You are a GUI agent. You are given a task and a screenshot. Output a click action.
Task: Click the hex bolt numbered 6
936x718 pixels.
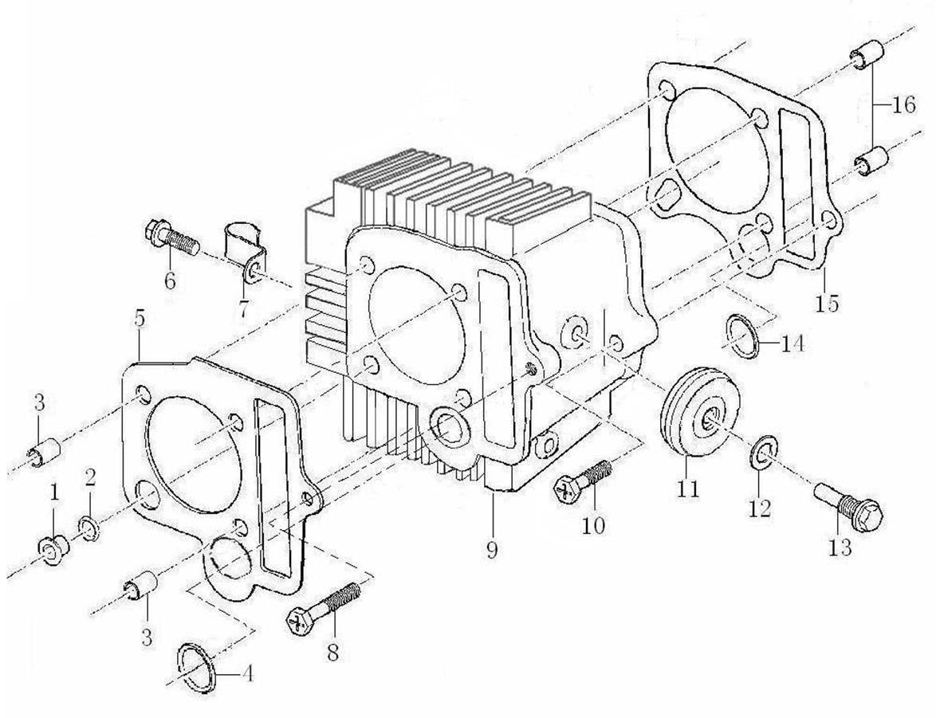click(170, 237)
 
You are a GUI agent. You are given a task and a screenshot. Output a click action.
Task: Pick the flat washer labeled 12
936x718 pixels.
click(763, 454)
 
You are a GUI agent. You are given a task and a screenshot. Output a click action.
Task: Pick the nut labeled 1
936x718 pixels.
click(52, 550)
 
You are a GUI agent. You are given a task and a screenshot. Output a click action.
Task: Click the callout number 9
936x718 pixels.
click(492, 549)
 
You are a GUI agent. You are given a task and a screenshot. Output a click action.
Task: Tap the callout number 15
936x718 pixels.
click(828, 304)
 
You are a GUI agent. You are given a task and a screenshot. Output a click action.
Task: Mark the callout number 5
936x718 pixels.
click(140, 319)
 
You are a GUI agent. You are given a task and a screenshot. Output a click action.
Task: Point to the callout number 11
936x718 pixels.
click(687, 488)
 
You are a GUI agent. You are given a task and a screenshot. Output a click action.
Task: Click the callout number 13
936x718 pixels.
click(840, 547)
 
